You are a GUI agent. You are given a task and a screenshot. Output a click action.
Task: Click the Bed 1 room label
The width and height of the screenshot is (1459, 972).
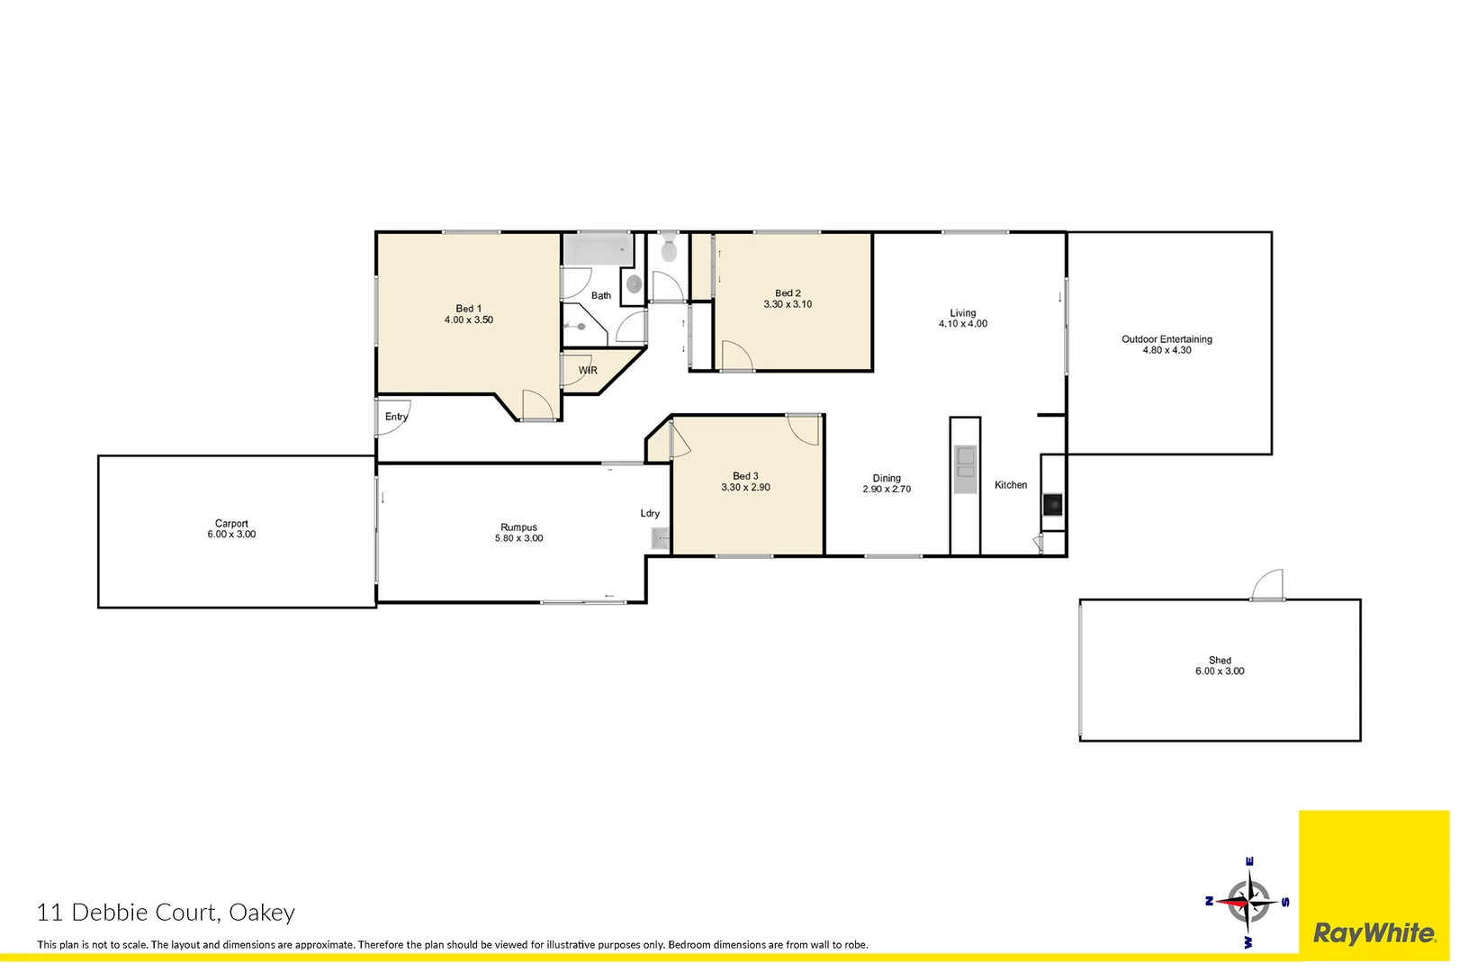tap(468, 309)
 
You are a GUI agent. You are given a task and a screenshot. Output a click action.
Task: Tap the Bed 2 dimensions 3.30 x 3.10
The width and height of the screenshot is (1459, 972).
tap(788, 304)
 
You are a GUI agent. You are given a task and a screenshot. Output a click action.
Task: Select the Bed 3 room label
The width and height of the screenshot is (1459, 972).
tap(745, 476)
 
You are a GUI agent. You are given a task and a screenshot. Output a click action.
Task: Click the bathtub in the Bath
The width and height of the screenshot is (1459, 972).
tap(598, 249)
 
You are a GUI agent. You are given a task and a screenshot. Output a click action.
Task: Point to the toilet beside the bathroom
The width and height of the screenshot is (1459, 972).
tap(669, 249)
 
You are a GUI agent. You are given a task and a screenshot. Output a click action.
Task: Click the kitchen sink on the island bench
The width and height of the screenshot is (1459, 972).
tap(965, 464)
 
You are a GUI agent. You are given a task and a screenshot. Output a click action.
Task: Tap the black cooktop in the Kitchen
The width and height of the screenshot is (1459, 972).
tap(1052, 504)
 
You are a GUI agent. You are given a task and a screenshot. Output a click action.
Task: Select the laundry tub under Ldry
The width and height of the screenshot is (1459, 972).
tap(661, 538)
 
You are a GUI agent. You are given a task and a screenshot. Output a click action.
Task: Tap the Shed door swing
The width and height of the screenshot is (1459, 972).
tap(1268, 585)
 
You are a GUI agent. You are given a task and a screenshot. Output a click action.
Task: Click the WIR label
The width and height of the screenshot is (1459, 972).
tap(588, 370)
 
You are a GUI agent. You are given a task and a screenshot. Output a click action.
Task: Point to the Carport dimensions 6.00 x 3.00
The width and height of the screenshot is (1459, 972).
tap(231, 535)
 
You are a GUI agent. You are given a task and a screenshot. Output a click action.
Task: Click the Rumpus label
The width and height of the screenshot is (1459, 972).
tap(518, 527)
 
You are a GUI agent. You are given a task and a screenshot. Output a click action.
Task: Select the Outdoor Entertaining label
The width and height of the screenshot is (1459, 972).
tap(1166, 339)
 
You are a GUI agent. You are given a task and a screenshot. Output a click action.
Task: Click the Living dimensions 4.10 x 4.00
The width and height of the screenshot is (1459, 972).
tap(962, 324)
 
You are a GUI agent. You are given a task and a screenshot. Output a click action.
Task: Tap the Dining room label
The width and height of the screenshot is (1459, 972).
tap(887, 478)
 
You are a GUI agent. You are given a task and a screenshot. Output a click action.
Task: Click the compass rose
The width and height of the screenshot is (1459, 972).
tap(1248, 903)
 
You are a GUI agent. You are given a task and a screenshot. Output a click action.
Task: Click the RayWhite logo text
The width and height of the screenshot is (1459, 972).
tap(1374, 933)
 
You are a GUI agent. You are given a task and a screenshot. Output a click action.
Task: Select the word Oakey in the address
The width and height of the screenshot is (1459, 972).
tap(262, 913)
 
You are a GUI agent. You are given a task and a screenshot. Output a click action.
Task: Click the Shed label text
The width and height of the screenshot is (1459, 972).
tap(1220, 660)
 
